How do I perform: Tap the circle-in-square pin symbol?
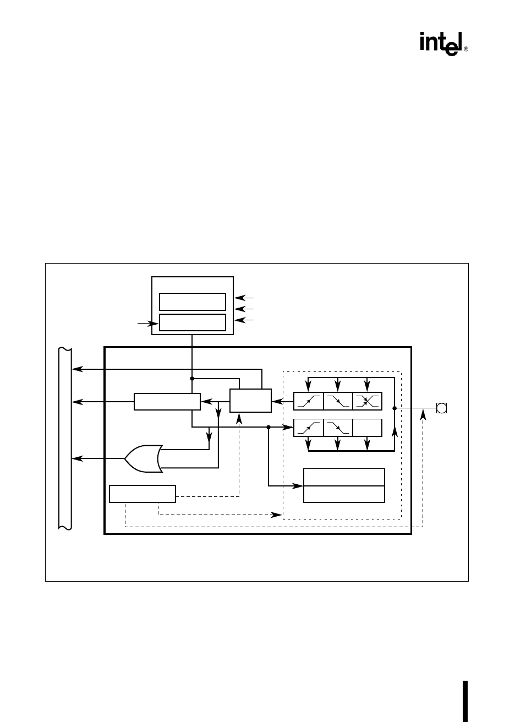tap(441, 408)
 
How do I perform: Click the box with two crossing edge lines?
tap(367, 401)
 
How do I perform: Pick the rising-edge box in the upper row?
tap(308, 401)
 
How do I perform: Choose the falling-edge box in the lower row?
tap(338, 427)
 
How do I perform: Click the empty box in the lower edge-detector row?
tap(367, 427)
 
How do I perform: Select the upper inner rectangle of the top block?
tap(192, 302)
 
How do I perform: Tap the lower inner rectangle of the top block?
tap(192, 322)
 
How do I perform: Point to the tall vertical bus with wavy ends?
tap(64, 437)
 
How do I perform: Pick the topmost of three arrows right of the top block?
tap(244, 298)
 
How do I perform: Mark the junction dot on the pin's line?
tap(395, 408)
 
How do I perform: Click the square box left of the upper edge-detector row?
tap(250, 401)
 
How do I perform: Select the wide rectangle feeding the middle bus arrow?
tap(167, 402)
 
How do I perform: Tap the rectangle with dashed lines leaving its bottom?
tap(142, 494)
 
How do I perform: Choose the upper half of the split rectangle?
tap(344, 477)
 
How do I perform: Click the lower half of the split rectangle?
tap(344, 494)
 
